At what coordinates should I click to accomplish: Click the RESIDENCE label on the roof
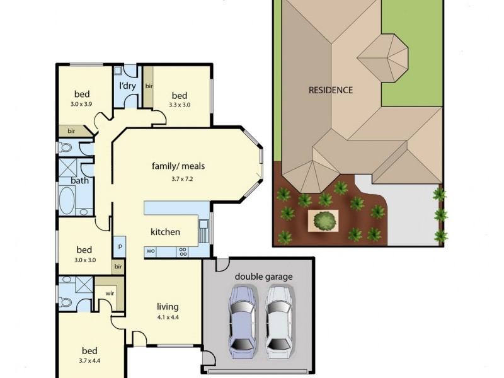330,90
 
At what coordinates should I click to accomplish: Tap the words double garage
264,277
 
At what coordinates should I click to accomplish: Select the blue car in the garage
243,319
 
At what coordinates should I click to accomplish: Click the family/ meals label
178,166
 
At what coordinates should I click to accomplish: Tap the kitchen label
165,232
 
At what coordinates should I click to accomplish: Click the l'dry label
129,86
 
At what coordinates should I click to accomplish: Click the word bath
80,180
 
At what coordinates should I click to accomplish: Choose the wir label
110,292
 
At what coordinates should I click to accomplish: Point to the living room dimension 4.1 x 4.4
168,317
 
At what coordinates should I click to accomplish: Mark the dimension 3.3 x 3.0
180,105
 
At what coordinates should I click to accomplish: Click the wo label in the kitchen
151,250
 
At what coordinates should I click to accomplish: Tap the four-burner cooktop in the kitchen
183,250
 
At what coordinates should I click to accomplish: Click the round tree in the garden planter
324,220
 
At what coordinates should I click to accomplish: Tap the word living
168,307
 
